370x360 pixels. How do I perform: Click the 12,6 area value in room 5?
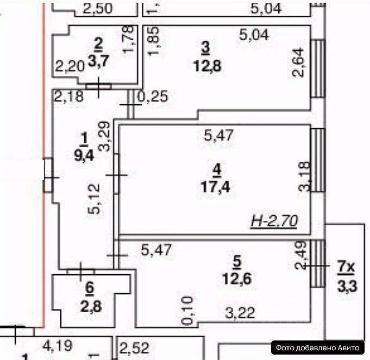click(x=236, y=281)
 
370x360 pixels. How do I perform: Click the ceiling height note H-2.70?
click(x=276, y=220)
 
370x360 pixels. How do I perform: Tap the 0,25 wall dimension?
click(x=153, y=97)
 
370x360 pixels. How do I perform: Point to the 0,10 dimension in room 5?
click(x=187, y=311)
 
